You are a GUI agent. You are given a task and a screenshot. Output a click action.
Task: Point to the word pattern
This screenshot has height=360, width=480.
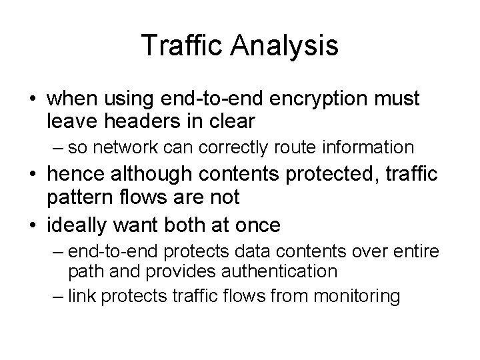[77, 199]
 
